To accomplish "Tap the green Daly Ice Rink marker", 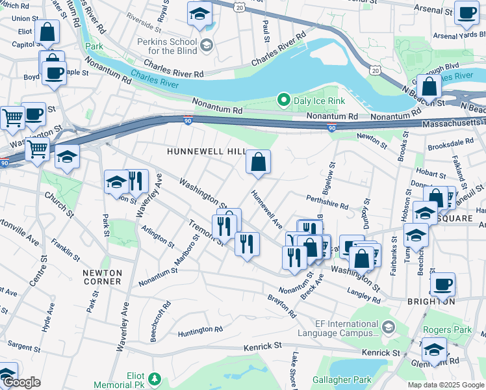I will point(283,100).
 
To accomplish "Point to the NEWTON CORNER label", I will point(102,277).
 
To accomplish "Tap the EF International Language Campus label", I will point(337,328).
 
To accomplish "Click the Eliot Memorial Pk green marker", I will point(155,378).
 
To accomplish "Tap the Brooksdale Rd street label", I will point(452,142).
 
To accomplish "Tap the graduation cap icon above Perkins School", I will point(199,13).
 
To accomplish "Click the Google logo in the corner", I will point(21,382).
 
